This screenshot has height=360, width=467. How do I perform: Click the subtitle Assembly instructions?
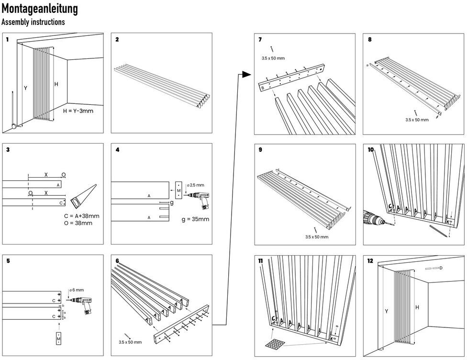click(x=33, y=22)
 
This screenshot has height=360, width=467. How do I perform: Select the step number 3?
click(x=8, y=150)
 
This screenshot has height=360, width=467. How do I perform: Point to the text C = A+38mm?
click(x=82, y=216)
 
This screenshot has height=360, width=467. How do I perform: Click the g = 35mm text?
click(x=196, y=221)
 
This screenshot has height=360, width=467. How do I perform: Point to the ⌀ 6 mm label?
click(x=77, y=290)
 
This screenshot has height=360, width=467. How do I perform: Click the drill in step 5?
click(x=83, y=304)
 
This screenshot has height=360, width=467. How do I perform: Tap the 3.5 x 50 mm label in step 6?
click(x=130, y=342)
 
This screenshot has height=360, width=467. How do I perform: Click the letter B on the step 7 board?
click(x=263, y=88)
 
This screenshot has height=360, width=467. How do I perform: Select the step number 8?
click(x=370, y=40)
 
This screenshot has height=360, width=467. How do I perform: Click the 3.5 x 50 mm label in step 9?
click(x=317, y=236)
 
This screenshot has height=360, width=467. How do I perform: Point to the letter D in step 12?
click(x=440, y=268)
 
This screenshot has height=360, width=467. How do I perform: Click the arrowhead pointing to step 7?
click(x=246, y=74)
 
